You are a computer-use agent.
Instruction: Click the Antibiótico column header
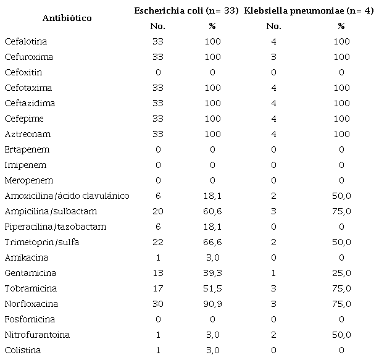[67, 18]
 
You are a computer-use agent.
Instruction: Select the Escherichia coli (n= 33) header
[187, 10]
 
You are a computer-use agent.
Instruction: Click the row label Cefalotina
[26, 41]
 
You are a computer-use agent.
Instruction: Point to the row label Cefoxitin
[23, 72]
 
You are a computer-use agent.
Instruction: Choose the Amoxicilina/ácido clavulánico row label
[67, 196]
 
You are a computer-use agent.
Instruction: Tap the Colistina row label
[23, 350]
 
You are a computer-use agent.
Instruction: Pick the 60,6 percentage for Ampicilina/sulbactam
[212, 211]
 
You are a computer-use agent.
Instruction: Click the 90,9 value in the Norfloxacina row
[212, 304]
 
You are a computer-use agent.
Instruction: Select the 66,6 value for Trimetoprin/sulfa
[212, 242]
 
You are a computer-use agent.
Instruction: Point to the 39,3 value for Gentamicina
[212, 273]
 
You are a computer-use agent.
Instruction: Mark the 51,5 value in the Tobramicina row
[212, 288]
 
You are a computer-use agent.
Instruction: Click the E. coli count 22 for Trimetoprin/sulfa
[157, 242]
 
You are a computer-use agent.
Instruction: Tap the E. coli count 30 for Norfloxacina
[157, 304]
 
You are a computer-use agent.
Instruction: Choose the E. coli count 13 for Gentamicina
[157, 273]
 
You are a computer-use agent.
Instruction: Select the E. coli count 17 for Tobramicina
[157, 288]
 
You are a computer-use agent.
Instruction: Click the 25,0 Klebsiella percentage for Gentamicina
[341, 273]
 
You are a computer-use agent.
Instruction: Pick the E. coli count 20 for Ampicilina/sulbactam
[157, 211]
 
